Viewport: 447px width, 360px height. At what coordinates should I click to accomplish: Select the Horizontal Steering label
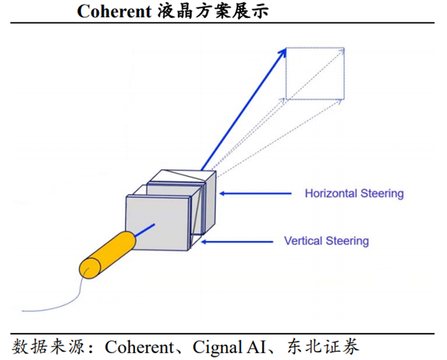click(354, 193)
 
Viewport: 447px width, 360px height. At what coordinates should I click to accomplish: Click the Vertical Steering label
click(327, 241)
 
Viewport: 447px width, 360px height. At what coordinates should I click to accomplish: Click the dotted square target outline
click(315, 73)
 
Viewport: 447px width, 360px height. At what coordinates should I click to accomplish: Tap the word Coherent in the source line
click(138, 346)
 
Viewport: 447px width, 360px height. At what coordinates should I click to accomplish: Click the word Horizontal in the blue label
click(330, 193)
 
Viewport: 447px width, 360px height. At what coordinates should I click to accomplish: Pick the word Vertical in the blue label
click(302, 241)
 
